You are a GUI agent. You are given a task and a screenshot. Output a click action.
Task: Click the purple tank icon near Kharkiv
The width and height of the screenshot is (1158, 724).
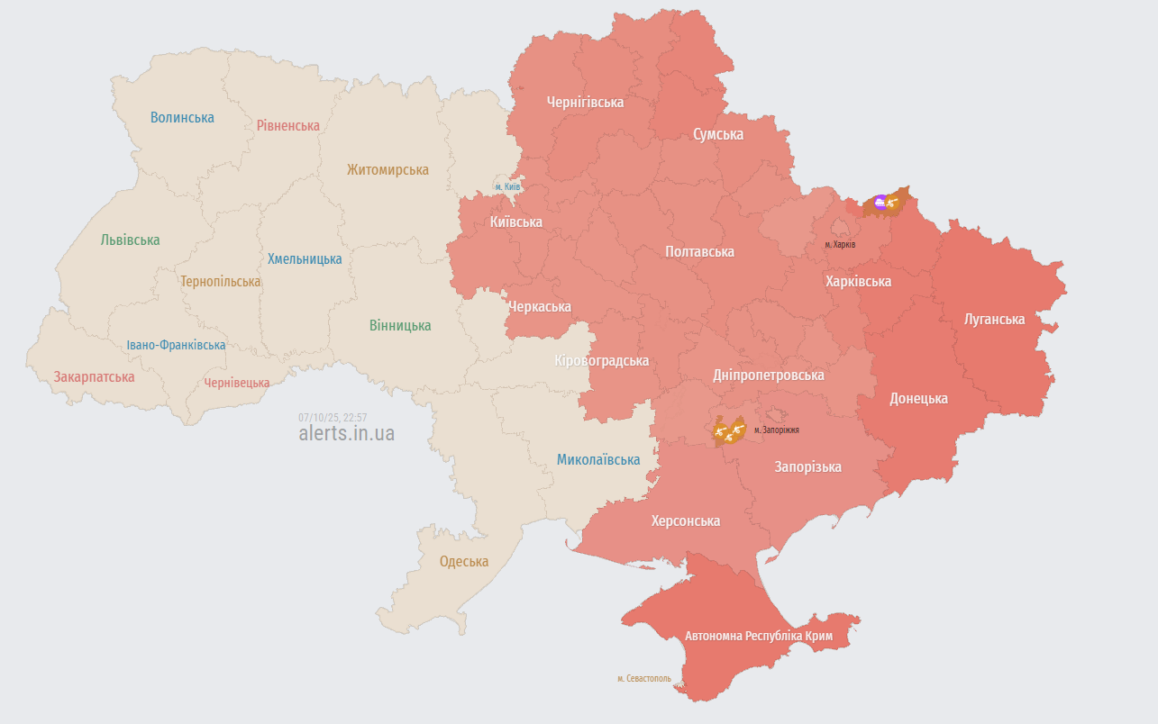click(x=880, y=203)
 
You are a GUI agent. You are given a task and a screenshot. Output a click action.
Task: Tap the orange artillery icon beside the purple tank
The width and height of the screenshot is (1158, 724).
click(x=894, y=204)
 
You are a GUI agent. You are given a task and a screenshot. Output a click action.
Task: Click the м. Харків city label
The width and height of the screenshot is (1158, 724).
click(x=840, y=244)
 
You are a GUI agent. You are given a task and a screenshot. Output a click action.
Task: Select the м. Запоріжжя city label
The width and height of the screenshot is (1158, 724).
click(x=776, y=430)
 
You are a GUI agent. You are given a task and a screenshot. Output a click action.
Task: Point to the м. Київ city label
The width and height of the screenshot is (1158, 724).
click(x=507, y=186)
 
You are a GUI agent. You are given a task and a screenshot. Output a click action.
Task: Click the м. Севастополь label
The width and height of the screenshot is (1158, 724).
click(x=643, y=678)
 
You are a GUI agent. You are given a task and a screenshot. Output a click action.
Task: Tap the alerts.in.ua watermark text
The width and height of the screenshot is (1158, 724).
click(x=346, y=433)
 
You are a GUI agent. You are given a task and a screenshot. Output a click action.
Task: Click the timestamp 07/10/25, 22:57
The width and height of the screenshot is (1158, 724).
click(x=333, y=417)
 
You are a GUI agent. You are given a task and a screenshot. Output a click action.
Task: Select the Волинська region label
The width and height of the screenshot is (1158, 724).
click(x=182, y=117)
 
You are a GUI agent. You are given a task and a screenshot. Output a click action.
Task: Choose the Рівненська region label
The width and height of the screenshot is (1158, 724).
click(x=287, y=125)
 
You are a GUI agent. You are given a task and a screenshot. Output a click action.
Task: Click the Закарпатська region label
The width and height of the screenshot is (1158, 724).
click(x=94, y=376)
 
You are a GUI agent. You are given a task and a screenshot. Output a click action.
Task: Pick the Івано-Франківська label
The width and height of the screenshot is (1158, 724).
click(x=176, y=345)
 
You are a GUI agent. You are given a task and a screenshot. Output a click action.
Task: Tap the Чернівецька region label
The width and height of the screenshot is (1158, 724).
click(x=236, y=383)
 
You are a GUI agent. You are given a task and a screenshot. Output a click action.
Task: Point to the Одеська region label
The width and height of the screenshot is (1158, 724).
click(x=464, y=561)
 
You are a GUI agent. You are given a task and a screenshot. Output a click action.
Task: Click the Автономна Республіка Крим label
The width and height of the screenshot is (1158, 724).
click(x=759, y=636)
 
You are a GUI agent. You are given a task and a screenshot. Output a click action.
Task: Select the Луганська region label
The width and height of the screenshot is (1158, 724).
click(x=994, y=319)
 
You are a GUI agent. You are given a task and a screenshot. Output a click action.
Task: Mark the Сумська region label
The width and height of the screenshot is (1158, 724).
click(x=718, y=134)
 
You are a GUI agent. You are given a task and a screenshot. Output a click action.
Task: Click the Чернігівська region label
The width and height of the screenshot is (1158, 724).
click(x=585, y=102)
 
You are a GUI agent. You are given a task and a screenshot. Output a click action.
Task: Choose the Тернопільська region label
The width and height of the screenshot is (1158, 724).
click(x=220, y=281)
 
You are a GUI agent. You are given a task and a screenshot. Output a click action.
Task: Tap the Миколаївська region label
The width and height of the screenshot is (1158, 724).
click(x=598, y=459)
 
